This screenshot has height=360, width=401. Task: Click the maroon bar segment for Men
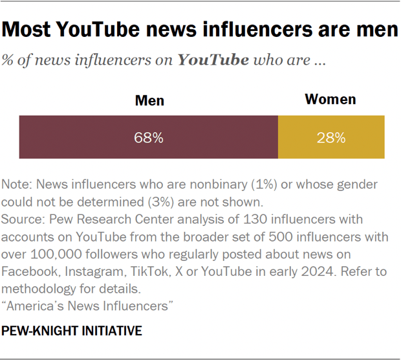coord(148,137)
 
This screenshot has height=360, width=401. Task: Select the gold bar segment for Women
coord(331,137)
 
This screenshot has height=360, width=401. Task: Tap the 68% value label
coord(149,138)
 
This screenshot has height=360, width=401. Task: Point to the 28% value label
coord(331,138)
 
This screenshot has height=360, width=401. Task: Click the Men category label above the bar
coord(149,101)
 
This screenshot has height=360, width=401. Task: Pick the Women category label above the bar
coord(331,100)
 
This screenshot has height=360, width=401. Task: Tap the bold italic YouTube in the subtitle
coord(213,61)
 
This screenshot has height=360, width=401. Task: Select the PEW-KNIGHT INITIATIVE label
coord(72,331)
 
